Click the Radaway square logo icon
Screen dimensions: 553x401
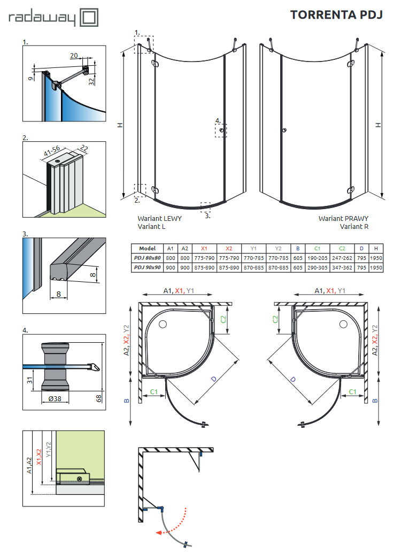[89, 17]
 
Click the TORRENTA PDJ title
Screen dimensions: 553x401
[336, 14]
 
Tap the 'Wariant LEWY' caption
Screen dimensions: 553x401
[159, 219]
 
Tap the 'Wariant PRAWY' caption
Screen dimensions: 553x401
[343, 219]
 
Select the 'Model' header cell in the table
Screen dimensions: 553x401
[147, 249]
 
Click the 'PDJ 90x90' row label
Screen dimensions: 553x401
[147, 267]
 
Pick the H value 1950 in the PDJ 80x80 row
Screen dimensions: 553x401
[376, 258]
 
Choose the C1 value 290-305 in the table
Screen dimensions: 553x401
[317, 267]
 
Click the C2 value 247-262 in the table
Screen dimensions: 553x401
[342, 258]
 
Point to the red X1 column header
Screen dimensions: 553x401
[204, 249]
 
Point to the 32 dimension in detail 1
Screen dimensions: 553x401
[91, 81]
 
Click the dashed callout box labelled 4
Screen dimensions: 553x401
[221, 130]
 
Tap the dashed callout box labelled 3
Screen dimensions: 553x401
[205, 206]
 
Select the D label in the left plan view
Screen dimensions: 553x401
[213, 379]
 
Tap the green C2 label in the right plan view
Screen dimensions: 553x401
[275, 319]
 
